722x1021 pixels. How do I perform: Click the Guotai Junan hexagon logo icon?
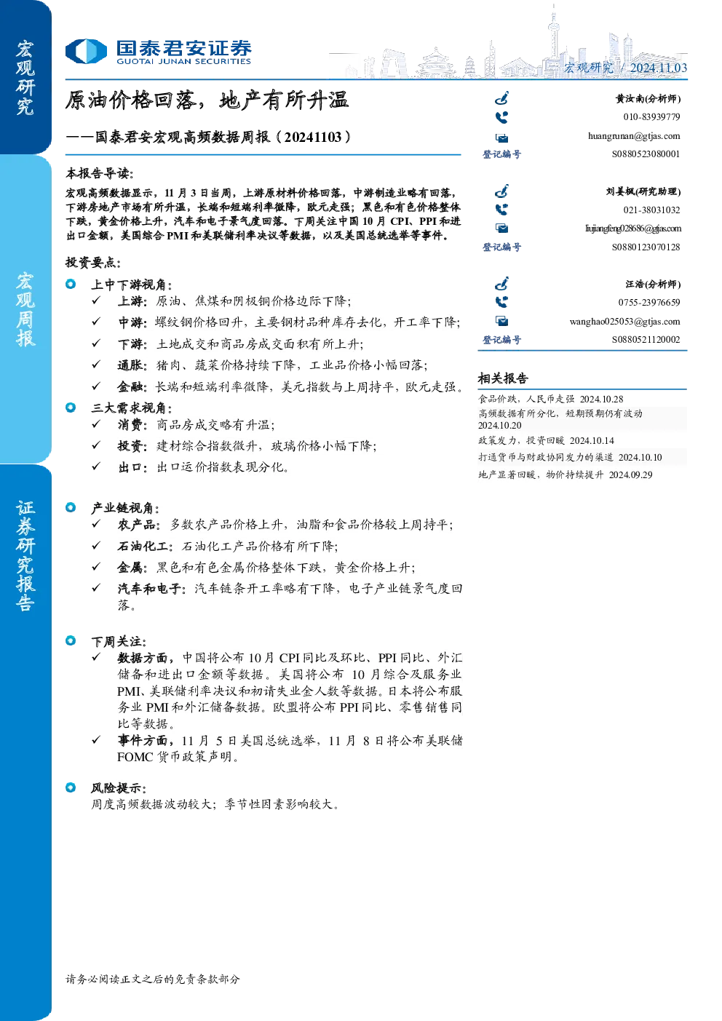tap(86, 51)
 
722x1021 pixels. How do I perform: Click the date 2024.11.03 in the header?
tap(659, 68)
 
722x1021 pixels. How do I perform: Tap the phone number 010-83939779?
tap(652, 117)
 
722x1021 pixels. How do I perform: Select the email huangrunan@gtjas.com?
tap(634, 136)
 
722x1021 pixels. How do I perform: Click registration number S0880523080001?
tap(646, 154)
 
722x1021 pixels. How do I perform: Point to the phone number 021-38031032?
tap(652, 210)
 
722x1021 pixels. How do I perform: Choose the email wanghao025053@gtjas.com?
tap(625, 322)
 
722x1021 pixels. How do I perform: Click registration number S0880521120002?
tap(646, 340)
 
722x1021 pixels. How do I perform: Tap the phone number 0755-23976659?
tap(649, 303)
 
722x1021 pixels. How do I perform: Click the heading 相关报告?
tap(503, 378)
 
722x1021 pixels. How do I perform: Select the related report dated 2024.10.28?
tap(551, 399)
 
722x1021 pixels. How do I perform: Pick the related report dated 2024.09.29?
tap(566, 474)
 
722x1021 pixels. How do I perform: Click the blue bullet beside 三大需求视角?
tap(71, 408)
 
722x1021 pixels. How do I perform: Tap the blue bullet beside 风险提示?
tap(71, 787)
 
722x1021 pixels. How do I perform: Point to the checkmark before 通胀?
tap(96, 364)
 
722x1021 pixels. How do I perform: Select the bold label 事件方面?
tap(143, 741)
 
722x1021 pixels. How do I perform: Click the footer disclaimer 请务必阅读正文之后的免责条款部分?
tap(153, 979)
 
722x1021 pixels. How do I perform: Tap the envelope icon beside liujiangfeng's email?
tap(502, 228)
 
